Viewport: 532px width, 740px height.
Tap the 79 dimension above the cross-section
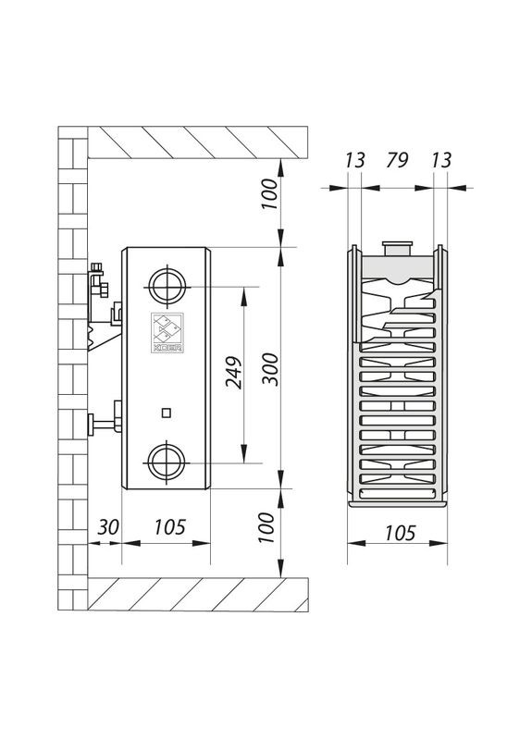point(396,162)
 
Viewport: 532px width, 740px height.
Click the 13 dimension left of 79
point(353,162)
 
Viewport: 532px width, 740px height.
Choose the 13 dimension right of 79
point(440,162)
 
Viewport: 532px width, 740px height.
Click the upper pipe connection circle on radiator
point(167,288)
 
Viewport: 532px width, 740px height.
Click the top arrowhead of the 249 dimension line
point(243,293)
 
